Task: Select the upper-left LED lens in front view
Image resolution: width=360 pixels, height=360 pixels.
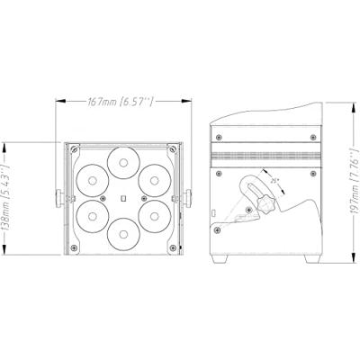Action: tap(90, 179)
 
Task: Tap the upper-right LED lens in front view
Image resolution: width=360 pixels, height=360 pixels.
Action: tap(155, 179)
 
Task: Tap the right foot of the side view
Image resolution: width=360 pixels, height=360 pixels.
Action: tap(311, 260)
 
